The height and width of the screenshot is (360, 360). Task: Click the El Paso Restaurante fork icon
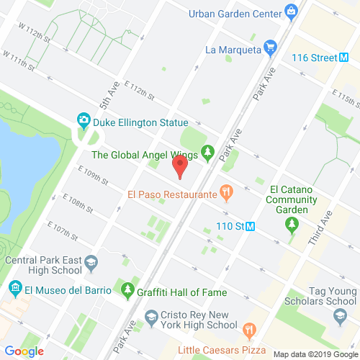pyautogui.click(x=227, y=193)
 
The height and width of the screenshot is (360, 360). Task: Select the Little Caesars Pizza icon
pyautogui.click(x=249, y=330)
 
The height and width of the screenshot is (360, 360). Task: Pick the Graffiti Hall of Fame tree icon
pyautogui.click(x=128, y=292)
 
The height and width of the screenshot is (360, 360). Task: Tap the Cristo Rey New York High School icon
pyautogui.click(x=152, y=316)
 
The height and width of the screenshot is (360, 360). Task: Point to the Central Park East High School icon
pyautogui.click(x=91, y=266)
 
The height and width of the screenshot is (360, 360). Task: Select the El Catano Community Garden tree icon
pyautogui.click(x=292, y=225)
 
